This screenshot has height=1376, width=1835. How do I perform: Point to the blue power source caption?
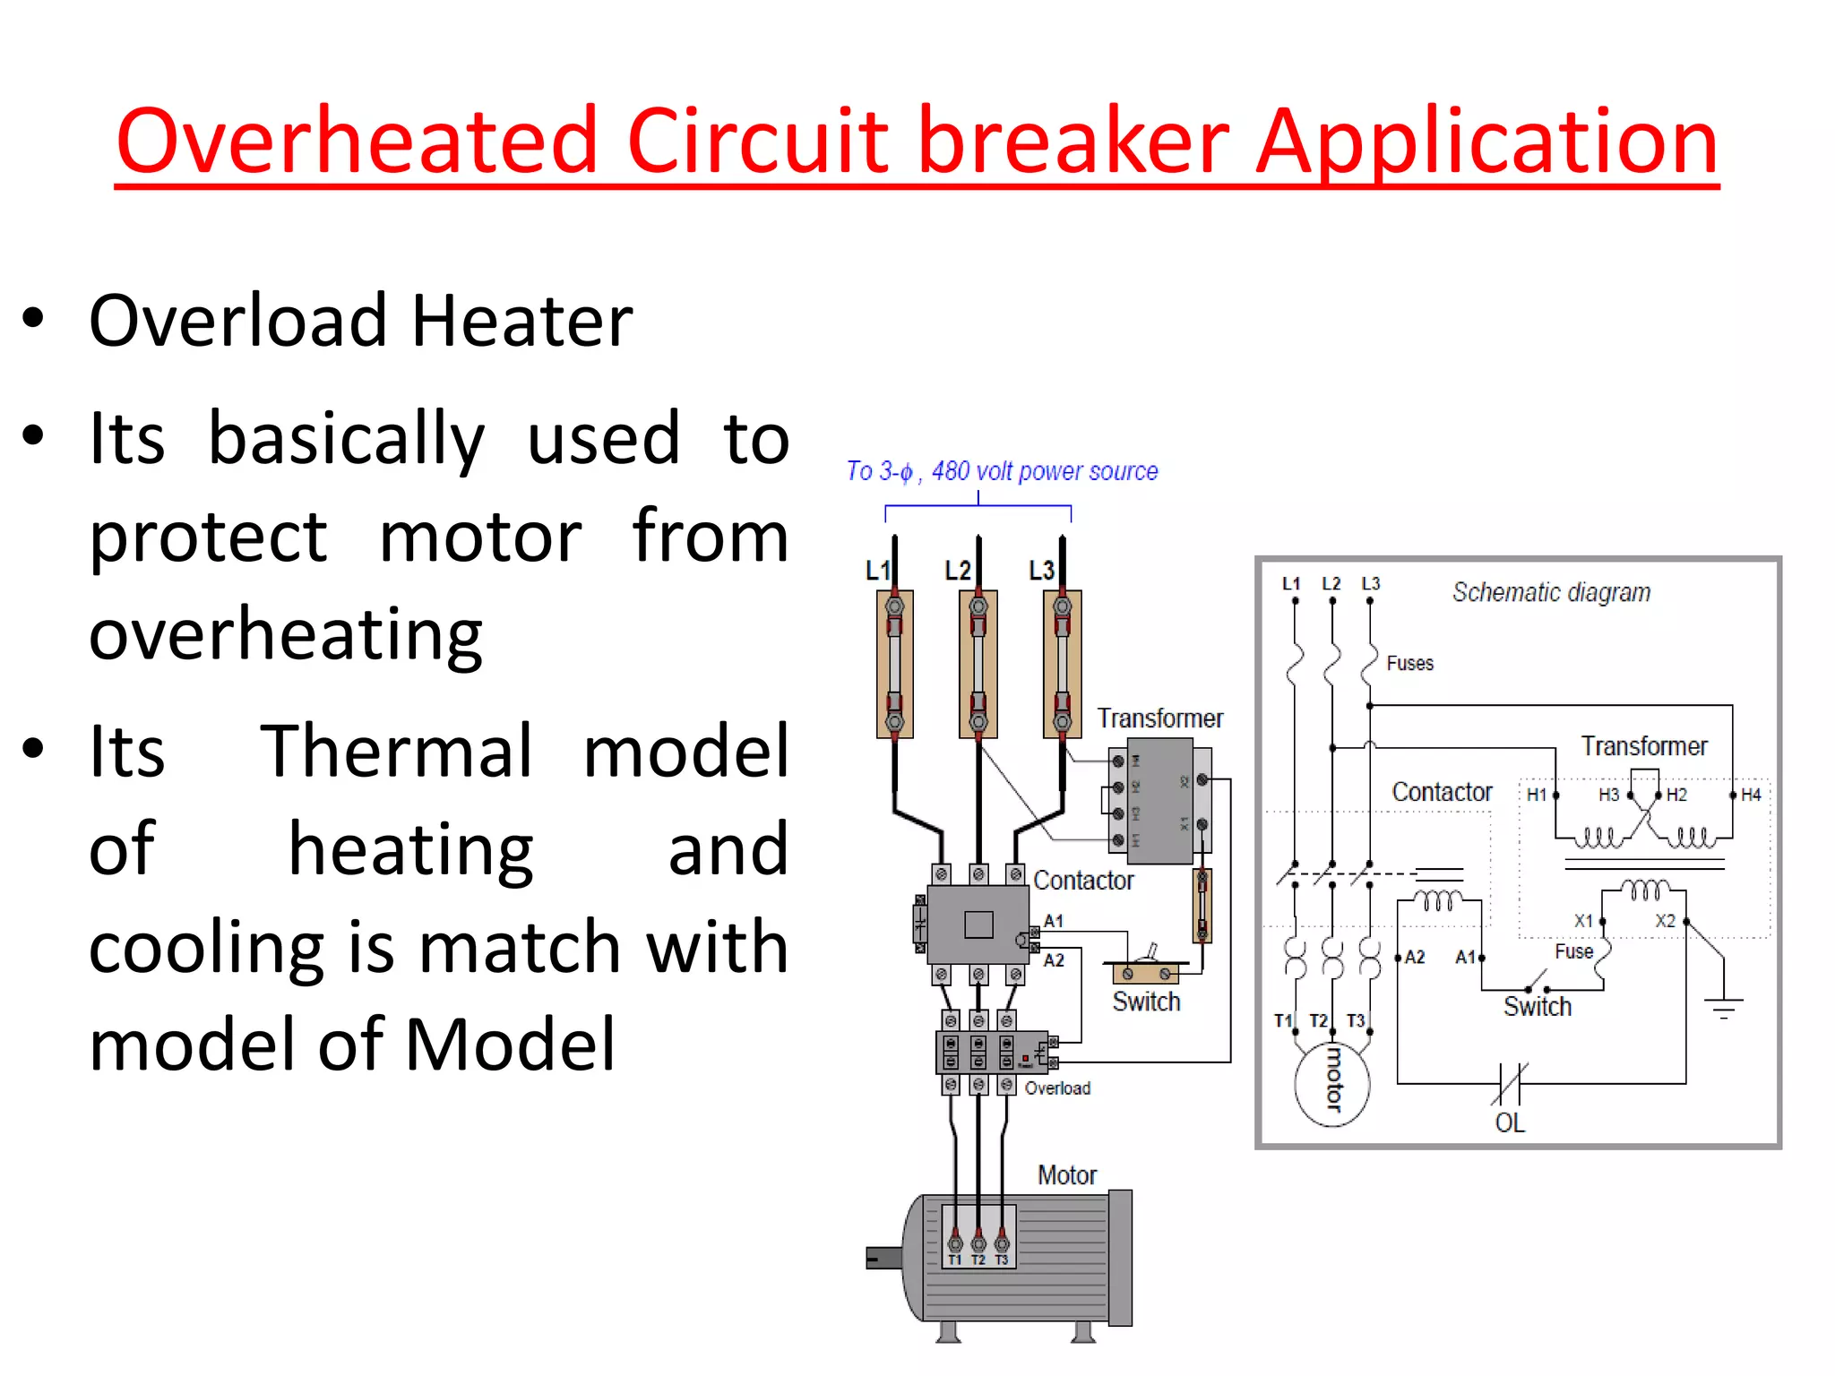(1002, 471)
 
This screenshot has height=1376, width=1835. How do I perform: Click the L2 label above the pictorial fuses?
(957, 571)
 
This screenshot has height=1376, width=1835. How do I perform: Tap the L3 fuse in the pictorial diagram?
(1062, 664)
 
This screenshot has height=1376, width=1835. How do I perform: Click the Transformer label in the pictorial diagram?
(1159, 718)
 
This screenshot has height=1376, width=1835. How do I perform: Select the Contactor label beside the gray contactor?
(1083, 881)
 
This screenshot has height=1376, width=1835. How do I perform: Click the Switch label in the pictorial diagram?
(1146, 1002)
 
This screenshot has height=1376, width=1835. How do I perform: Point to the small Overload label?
(1057, 1088)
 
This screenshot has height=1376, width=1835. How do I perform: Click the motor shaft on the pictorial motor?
(883, 1258)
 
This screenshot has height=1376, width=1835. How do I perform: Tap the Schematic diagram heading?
(1551, 592)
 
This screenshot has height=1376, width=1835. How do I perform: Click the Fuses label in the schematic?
(1409, 663)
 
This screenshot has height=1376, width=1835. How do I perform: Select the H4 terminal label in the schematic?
(1751, 795)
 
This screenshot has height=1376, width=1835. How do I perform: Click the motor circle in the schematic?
(1332, 1084)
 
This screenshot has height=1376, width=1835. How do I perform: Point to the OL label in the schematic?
(1510, 1122)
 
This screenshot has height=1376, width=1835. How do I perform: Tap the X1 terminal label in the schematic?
(1583, 921)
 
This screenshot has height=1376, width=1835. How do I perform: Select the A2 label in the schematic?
(1415, 957)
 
